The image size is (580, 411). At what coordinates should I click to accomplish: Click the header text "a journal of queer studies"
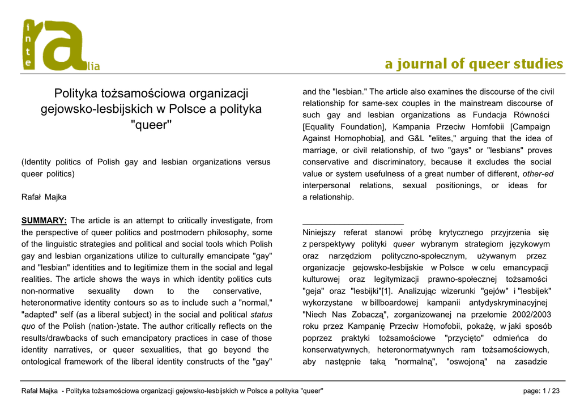click(474, 64)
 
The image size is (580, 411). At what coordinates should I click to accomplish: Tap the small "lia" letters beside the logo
click(93, 67)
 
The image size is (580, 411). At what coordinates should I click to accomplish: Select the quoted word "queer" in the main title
click(151, 125)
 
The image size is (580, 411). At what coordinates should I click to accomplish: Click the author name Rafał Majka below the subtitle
click(44, 197)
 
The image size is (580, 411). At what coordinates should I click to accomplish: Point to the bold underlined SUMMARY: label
click(44, 221)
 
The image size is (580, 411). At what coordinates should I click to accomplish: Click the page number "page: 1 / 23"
click(542, 391)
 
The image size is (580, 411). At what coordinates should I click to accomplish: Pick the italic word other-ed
click(538, 173)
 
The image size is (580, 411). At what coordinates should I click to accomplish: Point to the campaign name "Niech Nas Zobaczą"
click(346, 314)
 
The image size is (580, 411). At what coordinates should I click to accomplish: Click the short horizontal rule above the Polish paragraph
click(353, 224)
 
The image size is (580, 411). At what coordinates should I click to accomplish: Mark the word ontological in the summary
click(46, 362)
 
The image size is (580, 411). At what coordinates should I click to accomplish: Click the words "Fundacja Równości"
click(513, 115)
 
